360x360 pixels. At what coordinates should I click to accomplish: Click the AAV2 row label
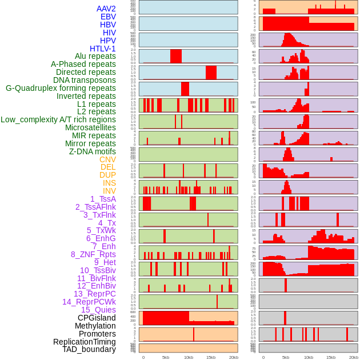pos(106,9)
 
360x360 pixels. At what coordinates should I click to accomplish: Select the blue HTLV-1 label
pos(102,49)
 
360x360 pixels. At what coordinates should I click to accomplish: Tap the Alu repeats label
pos(95,56)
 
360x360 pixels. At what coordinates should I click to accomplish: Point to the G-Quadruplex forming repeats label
pos(61,88)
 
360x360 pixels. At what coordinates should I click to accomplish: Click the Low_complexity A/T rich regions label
pos(58,119)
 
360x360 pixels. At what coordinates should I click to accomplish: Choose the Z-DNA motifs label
pos(92,151)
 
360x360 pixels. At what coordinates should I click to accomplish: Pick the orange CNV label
pos(107,159)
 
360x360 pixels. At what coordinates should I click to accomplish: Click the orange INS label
pos(109,183)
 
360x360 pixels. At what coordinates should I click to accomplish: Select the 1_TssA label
pos(103,199)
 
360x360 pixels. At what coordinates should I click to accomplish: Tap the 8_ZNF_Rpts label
pos(93,254)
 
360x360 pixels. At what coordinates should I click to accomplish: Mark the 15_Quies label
pos(98,310)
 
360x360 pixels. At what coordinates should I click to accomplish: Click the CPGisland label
pos(97,318)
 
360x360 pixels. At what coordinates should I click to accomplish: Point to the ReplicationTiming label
pos(84,342)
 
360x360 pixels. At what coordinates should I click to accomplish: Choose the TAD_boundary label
pos(89,349)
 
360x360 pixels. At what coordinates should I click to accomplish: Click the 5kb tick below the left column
pos(166,357)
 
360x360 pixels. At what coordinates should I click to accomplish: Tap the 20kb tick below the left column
pos(233,357)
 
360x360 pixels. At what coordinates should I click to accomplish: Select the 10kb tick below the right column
pos(309,357)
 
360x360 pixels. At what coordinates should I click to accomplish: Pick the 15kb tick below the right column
pos(331,357)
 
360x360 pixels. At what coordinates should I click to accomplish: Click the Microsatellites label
pos(90,127)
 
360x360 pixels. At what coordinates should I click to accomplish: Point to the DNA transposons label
pos(85,80)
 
